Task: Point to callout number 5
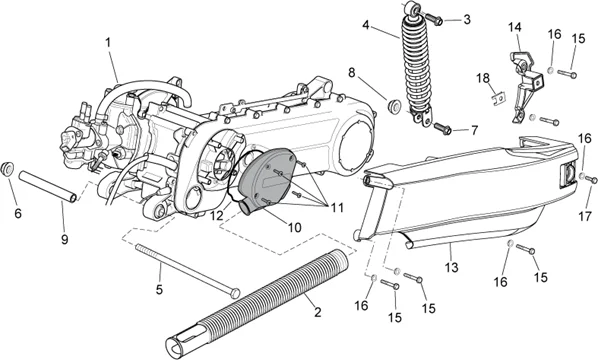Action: pos(157,290)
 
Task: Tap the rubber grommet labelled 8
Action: pos(391,103)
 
